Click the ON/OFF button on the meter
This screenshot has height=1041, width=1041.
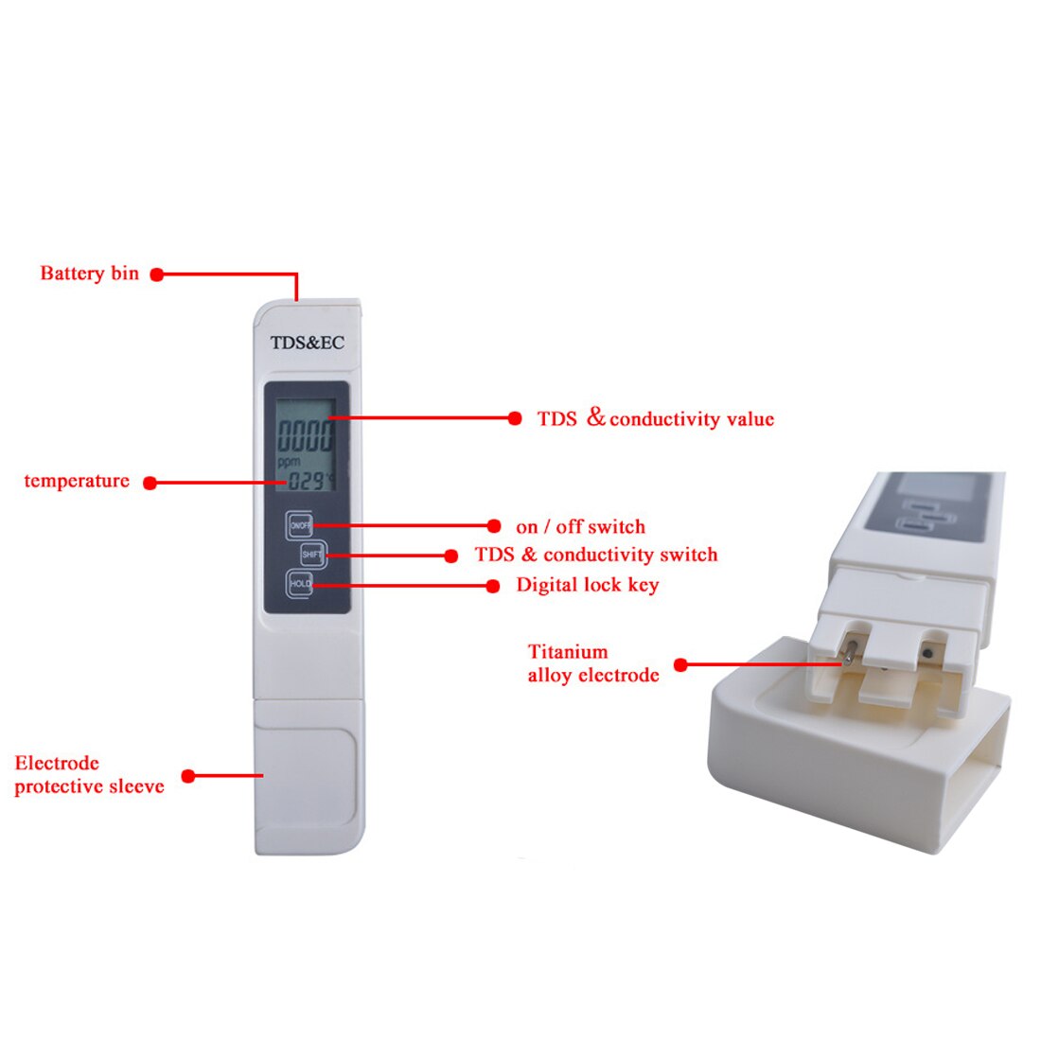(299, 525)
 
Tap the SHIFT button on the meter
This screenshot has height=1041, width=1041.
(312, 555)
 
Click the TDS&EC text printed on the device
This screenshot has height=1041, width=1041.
(308, 343)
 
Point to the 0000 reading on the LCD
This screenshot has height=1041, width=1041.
(306, 435)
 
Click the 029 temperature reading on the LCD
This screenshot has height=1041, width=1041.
(306, 481)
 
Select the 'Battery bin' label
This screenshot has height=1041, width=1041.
(90, 273)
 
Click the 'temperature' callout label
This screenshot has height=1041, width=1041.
(77, 481)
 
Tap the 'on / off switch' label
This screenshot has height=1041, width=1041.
(580, 526)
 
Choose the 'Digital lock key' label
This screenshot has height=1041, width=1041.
(588, 585)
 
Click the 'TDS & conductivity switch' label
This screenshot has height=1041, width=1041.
(596, 555)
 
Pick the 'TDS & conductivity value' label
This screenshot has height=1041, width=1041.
(656, 418)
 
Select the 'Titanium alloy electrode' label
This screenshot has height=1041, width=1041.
(593, 663)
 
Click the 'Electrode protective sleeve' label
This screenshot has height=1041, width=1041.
(90, 774)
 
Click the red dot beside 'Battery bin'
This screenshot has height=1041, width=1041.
(157, 274)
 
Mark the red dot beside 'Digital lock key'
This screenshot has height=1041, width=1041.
(493, 586)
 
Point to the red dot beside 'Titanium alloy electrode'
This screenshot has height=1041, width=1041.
(680, 664)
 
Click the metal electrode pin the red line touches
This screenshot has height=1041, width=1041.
(849, 653)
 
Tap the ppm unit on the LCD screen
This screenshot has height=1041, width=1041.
(289, 462)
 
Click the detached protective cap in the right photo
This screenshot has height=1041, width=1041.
(858, 745)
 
